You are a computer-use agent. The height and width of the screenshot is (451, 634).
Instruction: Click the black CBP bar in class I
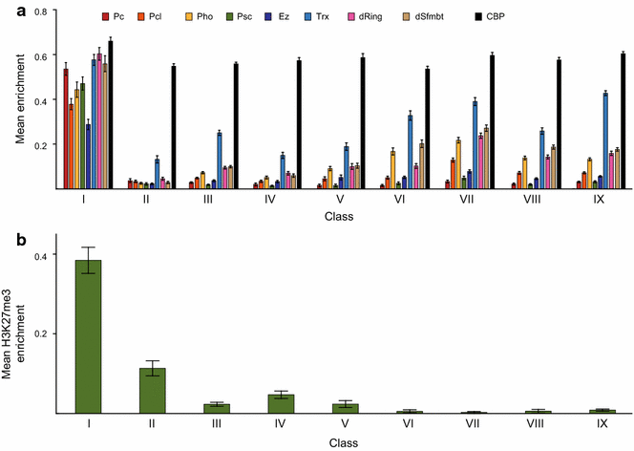point(111,115)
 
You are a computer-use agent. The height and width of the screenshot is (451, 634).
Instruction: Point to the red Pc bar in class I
point(66,129)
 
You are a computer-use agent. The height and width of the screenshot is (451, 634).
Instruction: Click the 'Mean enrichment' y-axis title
point(18,100)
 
